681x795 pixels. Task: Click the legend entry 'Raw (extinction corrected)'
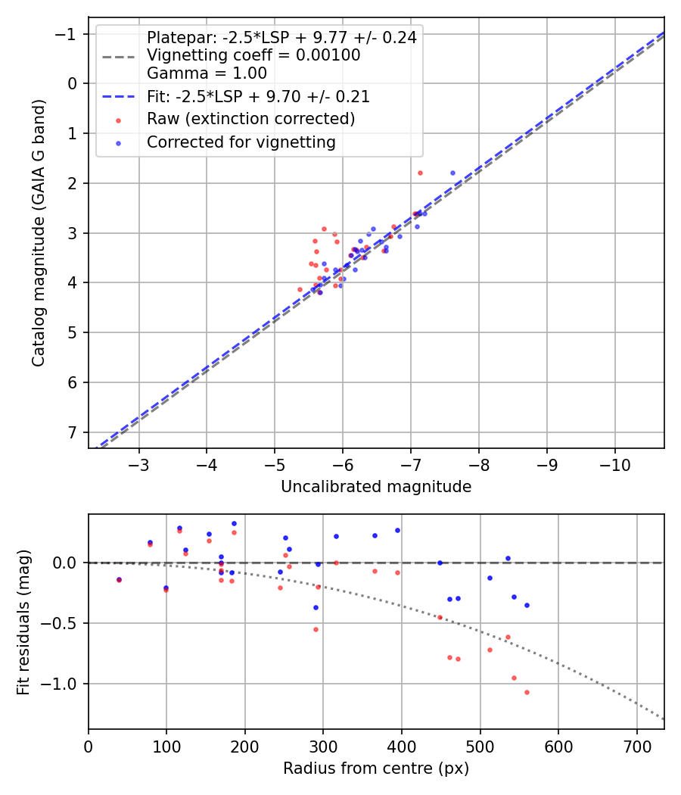tap(250, 119)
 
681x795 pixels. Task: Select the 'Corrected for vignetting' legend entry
tap(241, 142)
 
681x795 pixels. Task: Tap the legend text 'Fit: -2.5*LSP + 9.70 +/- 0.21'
tap(258, 97)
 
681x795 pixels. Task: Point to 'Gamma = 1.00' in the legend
tap(207, 73)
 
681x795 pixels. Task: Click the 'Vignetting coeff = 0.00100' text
tap(253, 55)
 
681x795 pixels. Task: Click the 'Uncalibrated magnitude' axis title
tap(376, 487)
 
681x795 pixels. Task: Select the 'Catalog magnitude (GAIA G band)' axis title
tap(39, 232)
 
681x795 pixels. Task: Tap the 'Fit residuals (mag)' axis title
tap(23, 622)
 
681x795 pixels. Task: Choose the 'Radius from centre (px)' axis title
tap(376, 768)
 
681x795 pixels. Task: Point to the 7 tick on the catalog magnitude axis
tap(73, 432)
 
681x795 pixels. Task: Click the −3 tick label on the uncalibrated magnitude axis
tap(139, 463)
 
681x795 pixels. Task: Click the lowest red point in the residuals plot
tap(527, 692)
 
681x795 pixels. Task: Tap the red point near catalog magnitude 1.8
tap(420, 173)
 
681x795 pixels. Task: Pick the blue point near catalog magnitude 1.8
tap(452, 173)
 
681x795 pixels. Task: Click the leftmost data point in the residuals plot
tap(119, 580)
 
